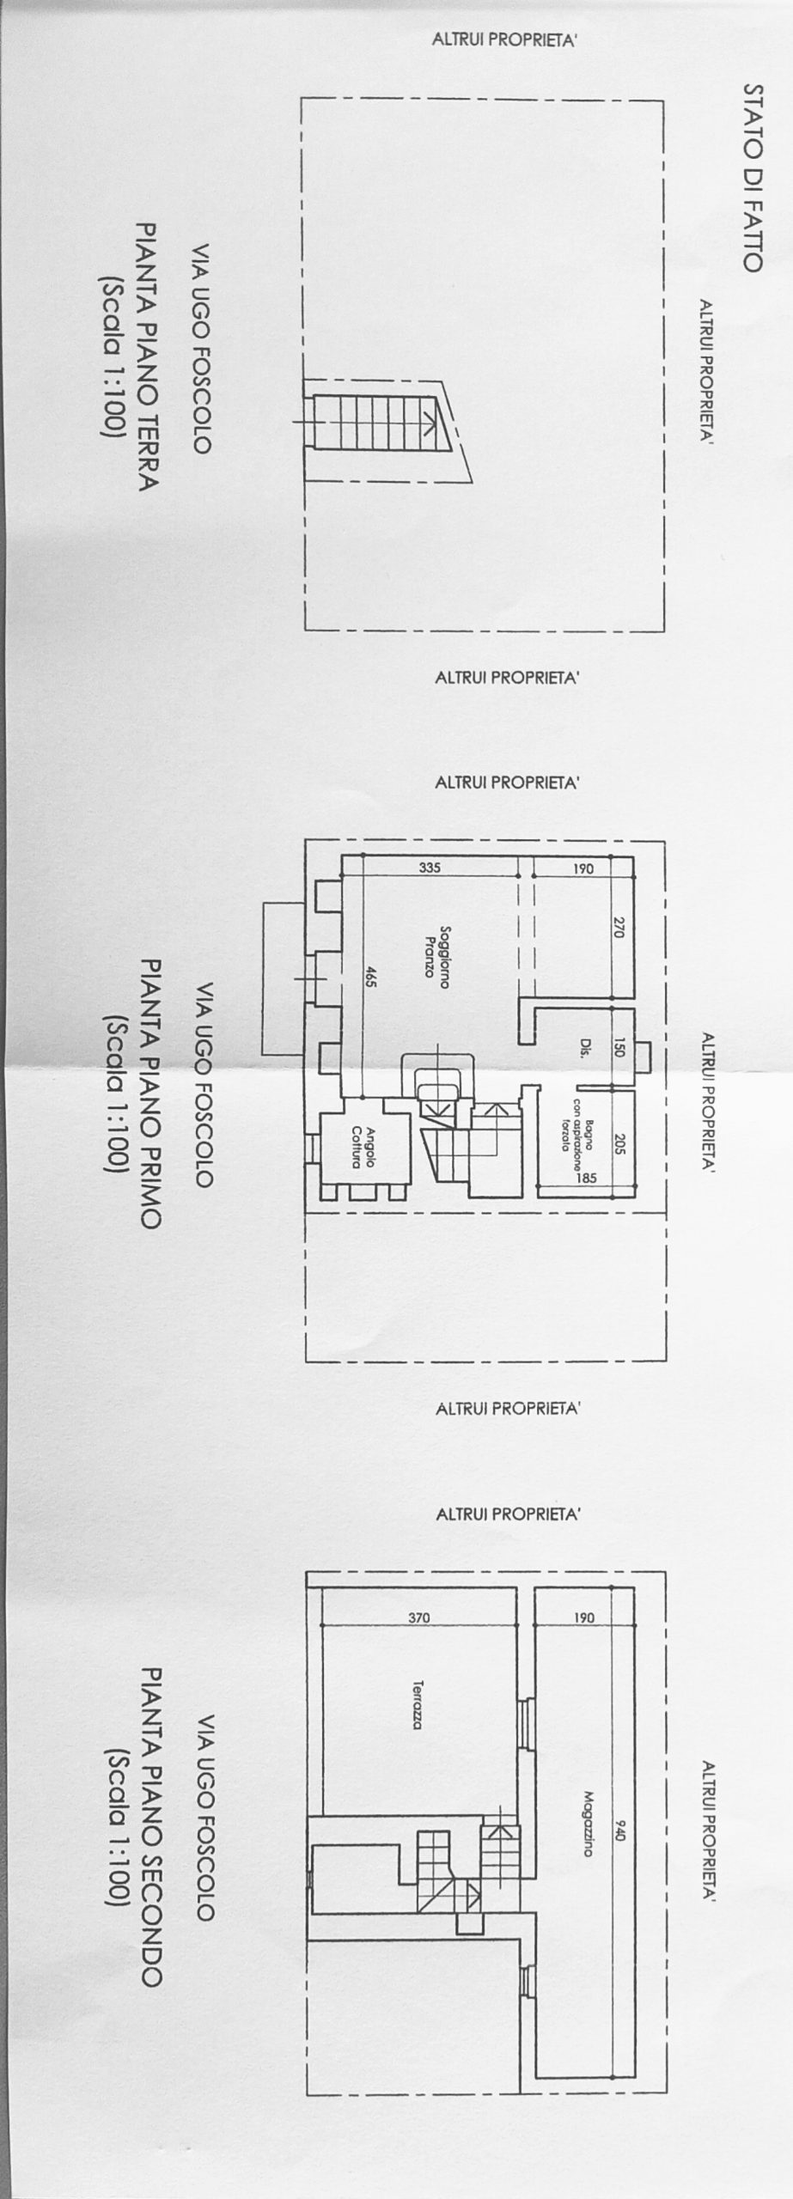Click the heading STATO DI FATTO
753,178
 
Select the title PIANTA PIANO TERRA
145,357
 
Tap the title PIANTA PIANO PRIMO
145,1094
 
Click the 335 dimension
430,868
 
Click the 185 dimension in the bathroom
586,1179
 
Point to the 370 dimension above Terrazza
418,1617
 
